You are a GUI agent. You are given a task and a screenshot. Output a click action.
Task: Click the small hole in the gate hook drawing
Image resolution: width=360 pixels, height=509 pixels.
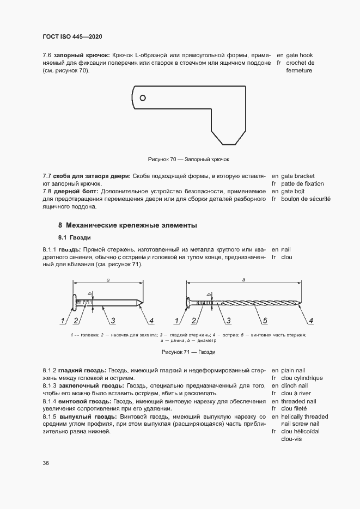click(x=143, y=98)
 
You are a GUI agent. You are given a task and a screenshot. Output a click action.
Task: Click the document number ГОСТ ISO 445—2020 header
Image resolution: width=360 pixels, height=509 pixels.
click(x=72, y=36)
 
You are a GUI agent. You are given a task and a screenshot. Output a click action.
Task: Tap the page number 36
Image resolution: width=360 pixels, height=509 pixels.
click(x=46, y=463)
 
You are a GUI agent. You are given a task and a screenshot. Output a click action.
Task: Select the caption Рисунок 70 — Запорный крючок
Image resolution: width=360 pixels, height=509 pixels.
click(x=189, y=160)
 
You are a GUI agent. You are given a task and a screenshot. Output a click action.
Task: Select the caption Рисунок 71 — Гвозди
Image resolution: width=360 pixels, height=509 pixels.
click(x=188, y=352)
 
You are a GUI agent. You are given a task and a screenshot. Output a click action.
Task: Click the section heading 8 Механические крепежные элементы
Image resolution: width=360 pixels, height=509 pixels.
click(x=127, y=225)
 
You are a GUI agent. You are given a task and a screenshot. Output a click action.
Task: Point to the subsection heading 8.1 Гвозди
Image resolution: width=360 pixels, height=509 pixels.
click(x=75, y=238)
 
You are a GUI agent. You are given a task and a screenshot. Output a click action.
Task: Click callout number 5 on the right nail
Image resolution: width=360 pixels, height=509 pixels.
click(x=264, y=320)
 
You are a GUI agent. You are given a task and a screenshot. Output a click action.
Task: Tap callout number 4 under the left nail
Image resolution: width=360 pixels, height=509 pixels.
click(x=151, y=320)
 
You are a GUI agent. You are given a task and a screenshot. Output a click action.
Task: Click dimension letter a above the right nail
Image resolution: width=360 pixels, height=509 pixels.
click(x=243, y=279)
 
